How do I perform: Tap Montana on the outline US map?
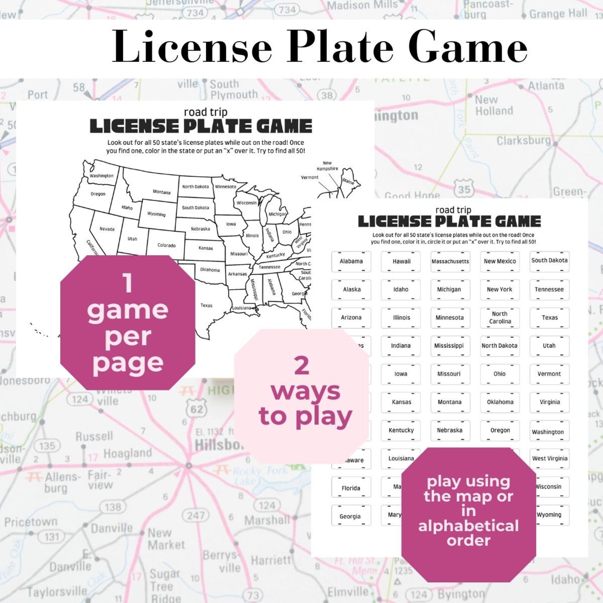click(x=161, y=192)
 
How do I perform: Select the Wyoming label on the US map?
click(x=156, y=214)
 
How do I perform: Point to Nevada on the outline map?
click(x=107, y=229)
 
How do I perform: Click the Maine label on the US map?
click(x=348, y=181)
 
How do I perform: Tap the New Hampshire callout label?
click(x=327, y=166)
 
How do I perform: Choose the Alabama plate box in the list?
click(x=351, y=261)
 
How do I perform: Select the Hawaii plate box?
click(x=401, y=261)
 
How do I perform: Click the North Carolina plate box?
click(x=500, y=317)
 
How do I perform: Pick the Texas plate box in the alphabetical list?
click(x=549, y=317)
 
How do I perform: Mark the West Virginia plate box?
click(x=549, y=458)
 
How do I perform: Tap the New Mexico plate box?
click(x=500, y=261)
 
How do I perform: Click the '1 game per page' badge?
click(x=128, y=323)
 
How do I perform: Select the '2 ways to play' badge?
click(x=302, y=395)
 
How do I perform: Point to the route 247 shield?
click(x=196, y=515)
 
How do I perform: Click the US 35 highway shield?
click(x=464, y=189)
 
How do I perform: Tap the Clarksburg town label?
click(x=523, y=140)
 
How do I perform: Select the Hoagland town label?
click(x=127, y=453)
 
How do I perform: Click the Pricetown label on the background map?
click(x=31, y=522)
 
